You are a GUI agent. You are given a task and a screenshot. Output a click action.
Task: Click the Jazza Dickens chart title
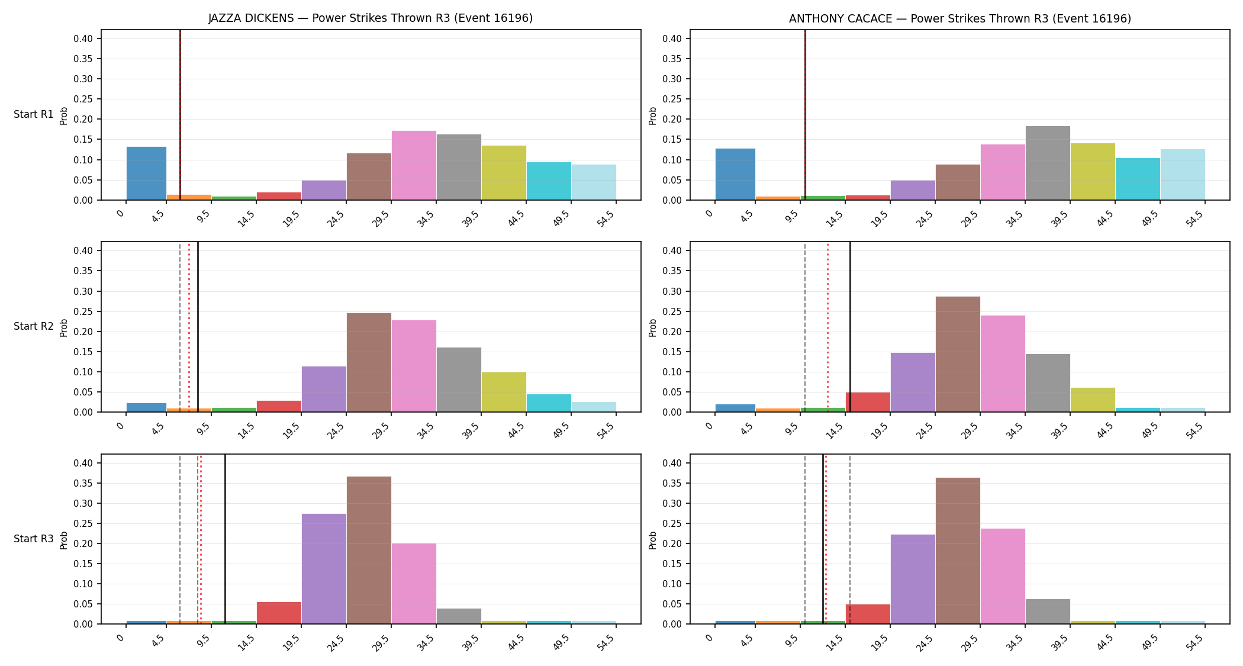[x=371, y=18]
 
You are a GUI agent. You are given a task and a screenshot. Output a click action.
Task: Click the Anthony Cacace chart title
[x=960, y=18]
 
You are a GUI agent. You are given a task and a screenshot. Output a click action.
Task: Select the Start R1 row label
[x=34, y=114]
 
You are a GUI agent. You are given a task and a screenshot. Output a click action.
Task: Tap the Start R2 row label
[x=34, y=326]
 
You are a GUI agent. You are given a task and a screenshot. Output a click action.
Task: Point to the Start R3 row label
[x=34, y=539]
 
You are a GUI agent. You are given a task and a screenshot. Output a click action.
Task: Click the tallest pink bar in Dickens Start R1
[x=414, y=165]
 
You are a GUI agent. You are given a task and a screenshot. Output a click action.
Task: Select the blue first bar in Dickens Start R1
[x=146, y=173]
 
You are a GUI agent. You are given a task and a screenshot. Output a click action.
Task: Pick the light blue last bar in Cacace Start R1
[x=1183, y=175]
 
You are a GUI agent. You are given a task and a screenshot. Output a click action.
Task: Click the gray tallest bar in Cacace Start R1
[x=1048, y=163]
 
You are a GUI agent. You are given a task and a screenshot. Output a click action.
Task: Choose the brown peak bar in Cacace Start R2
[x=958, y=354]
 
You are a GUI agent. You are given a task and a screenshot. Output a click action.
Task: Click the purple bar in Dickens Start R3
[x=324, y=569]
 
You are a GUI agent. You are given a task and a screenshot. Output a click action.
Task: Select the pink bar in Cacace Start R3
[x=1003, y=576]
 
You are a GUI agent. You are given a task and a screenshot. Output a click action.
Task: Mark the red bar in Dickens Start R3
[x=279, y=613]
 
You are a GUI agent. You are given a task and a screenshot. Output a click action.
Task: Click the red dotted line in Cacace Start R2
[x=827, y=327]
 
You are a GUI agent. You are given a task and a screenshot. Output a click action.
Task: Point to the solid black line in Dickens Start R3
[x=225, y=539]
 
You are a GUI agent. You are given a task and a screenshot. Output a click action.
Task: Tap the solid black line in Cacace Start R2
[x=850, y=327]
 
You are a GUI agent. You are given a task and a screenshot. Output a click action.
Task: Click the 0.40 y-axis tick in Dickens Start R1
[x=83, y=38]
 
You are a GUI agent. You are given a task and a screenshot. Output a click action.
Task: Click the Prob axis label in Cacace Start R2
[x=653, y=327]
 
